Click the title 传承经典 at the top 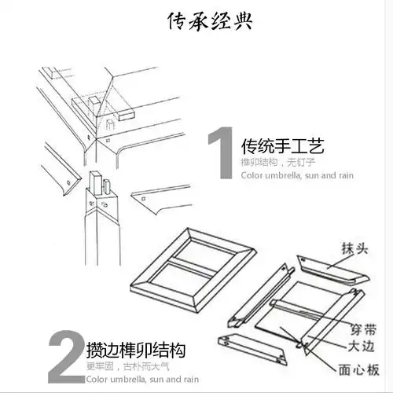click(x=210, y=21)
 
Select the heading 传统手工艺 click(x=282, y=146)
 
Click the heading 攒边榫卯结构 click(x=141, y=349)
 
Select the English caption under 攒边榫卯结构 click(x=141, y=379)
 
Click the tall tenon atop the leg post click(x=95, y=182)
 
